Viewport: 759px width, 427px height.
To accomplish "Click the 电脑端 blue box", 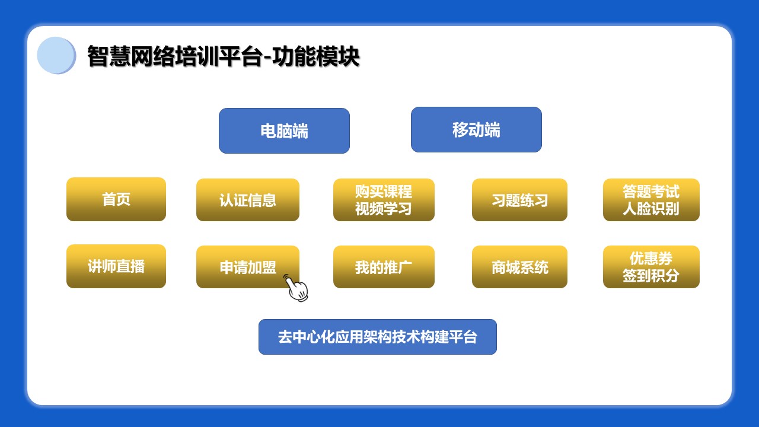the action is pyautogui.click(x=284, y=131).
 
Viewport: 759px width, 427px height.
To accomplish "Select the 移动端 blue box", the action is pyautogui.click(x=476, y=129).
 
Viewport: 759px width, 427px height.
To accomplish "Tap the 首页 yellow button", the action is pyautogui.click(x=116, y=199).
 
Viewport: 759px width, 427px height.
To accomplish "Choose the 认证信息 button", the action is pyautogui.click(x=248, y=200).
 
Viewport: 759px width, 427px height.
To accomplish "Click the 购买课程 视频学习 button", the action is pyautogui.click(x=384, y=200).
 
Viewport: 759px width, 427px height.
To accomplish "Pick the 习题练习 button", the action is pyautogui.click(x=519, y=200).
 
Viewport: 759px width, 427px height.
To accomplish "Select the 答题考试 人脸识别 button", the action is pyautogui.click(x=651, y=200).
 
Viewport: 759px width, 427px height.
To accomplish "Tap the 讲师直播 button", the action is pyautogui.click(x=116, y=266).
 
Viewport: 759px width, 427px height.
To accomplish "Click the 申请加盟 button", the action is pyautogui.click(x=248, y=267).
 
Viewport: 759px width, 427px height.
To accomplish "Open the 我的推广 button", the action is pyautogui.click(x=384, y=267).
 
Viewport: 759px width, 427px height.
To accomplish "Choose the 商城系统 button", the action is pyautogui.click(x=519, y=267).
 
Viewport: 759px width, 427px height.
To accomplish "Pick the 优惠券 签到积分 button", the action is pyautogui.click(x=651, y=267).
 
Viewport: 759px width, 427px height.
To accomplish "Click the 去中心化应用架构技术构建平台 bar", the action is pyautogui.click(x=378, y=337).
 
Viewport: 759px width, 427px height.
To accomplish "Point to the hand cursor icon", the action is pyautogui.click(x=296, y=288).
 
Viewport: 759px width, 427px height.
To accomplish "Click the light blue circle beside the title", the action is pyautogui.click(x=56, y=56).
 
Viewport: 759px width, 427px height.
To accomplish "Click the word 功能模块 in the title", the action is pyautogui.click(x=316, y=56).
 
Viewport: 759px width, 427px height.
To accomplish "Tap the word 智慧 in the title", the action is pyautogui.click(x=109, y=56).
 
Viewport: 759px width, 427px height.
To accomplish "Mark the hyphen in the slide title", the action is pyautogui.click(x=267, y=58).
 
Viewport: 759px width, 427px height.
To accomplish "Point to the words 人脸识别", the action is pyautogui.click(x=651, y=209).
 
